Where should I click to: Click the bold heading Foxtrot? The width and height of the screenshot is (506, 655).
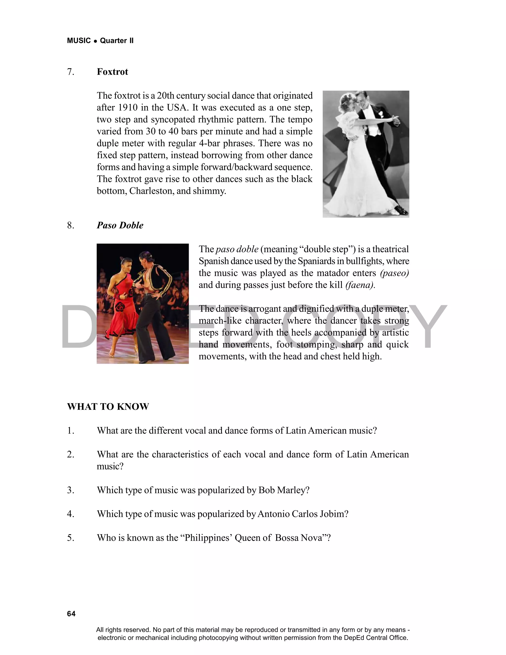click(112, 72)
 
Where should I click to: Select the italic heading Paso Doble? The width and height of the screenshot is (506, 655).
click(120, 225)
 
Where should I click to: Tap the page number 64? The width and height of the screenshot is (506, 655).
click(71, 614)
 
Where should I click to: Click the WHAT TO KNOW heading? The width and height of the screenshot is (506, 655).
click(108, 407)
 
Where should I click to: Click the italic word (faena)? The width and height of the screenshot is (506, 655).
click(359, 285)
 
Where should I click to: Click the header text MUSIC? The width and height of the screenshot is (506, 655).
click(79, 41)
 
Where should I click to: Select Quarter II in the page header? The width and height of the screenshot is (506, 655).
click(117, 41)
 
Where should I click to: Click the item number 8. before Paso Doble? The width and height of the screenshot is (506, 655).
click(71, 225)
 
